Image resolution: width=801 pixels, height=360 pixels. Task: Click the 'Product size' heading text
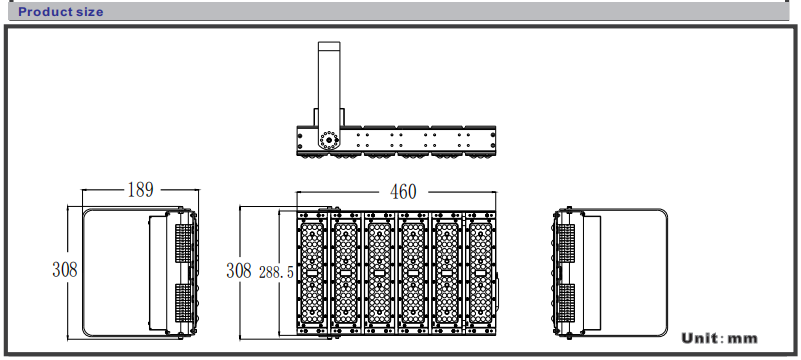61,12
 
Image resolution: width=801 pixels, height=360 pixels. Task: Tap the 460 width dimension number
403,192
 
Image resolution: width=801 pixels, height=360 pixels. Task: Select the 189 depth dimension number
140,190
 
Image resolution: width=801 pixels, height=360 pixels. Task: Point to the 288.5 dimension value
276,273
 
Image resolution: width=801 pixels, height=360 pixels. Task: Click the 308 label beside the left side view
65,270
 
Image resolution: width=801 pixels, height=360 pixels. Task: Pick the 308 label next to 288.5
239,271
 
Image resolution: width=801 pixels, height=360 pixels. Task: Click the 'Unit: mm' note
719,338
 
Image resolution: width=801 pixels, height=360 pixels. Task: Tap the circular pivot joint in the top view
327,139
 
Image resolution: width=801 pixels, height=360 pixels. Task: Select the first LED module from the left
313,273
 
